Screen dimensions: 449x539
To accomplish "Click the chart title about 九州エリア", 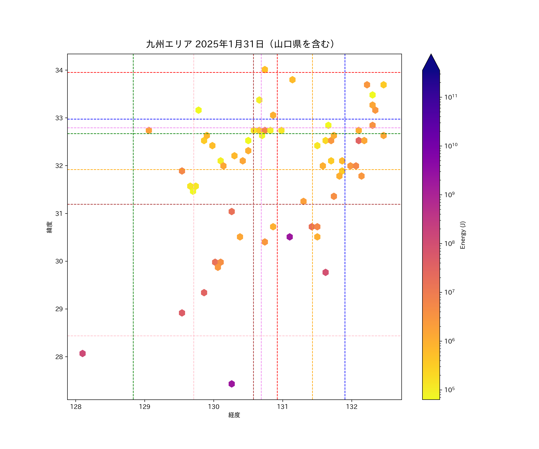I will pos(240,44).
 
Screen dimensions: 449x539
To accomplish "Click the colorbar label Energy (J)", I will pos(462,235).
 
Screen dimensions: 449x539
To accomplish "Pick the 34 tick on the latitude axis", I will pos(59,70).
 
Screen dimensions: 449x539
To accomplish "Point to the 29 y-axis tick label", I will pos(59,309).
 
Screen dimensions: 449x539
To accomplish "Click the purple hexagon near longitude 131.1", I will pos(290,237).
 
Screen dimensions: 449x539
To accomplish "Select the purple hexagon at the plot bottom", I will pos(231,384).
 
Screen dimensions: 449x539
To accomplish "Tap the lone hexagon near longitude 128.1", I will pos(82,353).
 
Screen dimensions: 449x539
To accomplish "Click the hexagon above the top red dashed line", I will pos(265,70).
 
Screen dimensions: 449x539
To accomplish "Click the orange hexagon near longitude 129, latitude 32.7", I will pos(149,130).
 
